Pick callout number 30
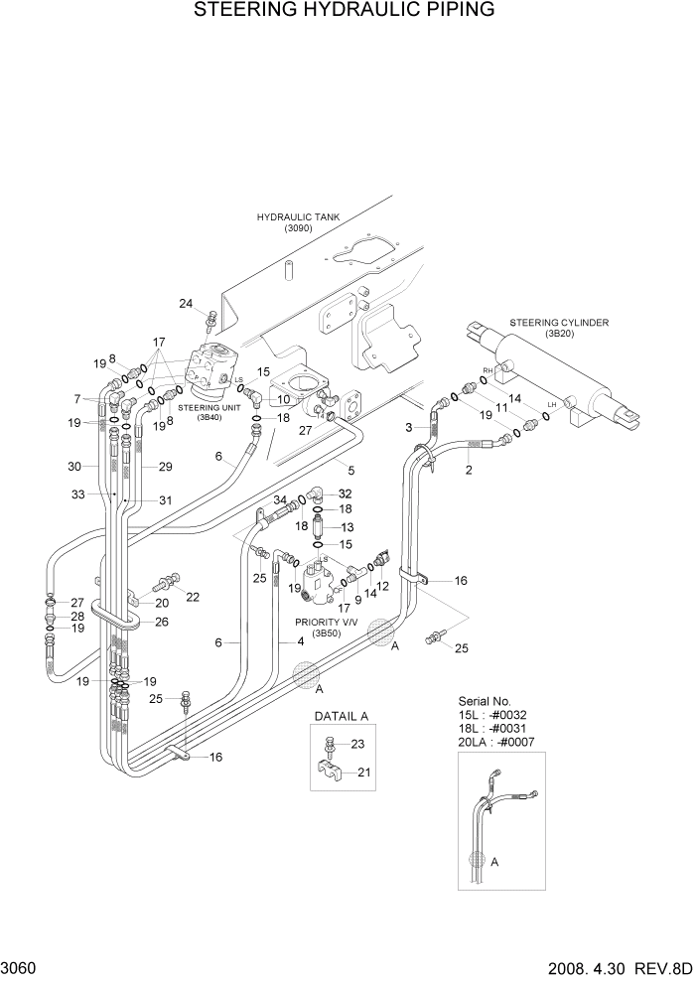(73, 466)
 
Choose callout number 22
(193, 597)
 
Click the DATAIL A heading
(342, 716)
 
